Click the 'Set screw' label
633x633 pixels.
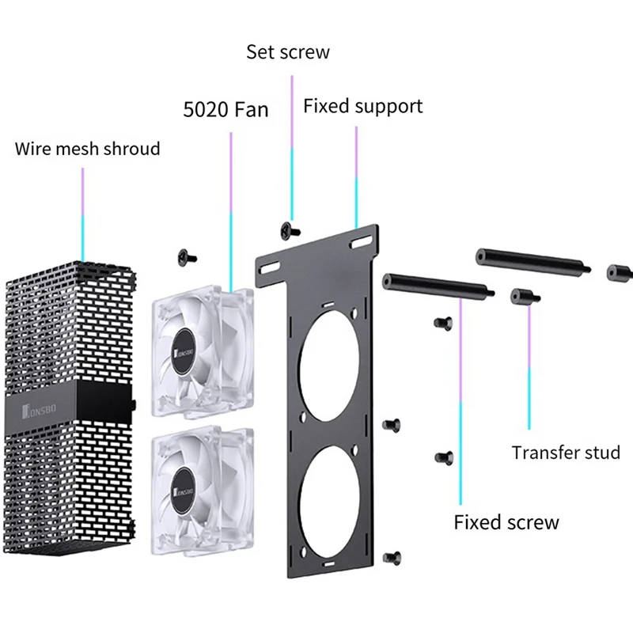288,52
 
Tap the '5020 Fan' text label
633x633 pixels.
226,109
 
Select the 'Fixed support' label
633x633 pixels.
363,107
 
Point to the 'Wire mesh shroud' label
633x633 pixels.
87,149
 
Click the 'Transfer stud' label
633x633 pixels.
566,453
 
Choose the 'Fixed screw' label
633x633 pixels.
506,522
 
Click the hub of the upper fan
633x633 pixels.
184,351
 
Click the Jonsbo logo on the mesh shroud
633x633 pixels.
39,410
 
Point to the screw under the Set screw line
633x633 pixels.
290,231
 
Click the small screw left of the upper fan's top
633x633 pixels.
187,257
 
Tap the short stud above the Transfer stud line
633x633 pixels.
525,297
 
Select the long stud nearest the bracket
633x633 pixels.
438,286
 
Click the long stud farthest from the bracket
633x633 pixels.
533,261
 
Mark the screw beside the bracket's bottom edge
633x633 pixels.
392,558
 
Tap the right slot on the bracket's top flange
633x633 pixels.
361,242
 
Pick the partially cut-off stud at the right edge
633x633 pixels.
620,273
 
